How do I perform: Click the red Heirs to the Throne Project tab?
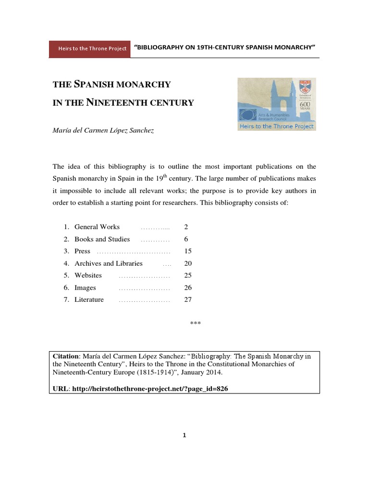click(x=89, y=49)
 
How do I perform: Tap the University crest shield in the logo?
click(x=305, y=87)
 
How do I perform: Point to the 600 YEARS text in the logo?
click(x=305, y=106)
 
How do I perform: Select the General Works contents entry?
click(x=97, y=227)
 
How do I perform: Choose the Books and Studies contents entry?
click(x=102, y=239)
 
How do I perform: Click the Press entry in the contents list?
click(x=82, y=251)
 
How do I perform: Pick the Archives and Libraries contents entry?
click(x=108, y=263)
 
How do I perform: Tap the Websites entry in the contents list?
click(x=88, y=275)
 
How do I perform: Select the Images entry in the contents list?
click(x=85, y=288)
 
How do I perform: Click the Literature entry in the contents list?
click(x=89, y=300)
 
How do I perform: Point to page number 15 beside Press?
click(x=188, y=251)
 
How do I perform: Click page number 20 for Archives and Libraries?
click(x=188, y=263)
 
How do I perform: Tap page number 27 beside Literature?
click(x=188, y=300)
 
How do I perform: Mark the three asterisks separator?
click(x=195, y=323)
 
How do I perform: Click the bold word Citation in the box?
click(x=65, y=356)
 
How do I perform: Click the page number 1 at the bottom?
click(x=184, y=435)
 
